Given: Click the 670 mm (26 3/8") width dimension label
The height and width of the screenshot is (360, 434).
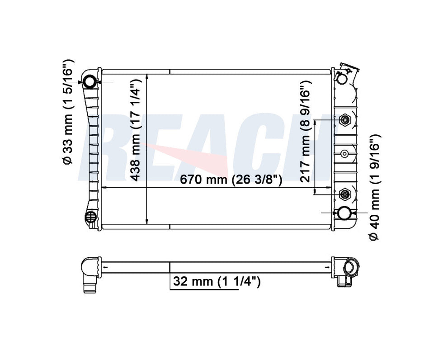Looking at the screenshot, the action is pyautogui.click(x=231, y=180).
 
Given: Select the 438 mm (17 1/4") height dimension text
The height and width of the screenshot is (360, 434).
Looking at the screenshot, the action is pyautogui.click(x=136, y=130).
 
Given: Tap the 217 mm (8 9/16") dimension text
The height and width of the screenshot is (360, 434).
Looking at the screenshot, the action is pyautogui.click(x=306, y=132).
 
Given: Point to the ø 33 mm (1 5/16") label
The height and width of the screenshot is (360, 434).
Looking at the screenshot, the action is pyautogui.click(x=68, y=112).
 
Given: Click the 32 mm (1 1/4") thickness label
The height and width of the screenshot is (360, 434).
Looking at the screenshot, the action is pyautogui.click(x=217, y=282).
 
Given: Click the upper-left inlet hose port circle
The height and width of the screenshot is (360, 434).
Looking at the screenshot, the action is pyautogui.click(x=90, y=82).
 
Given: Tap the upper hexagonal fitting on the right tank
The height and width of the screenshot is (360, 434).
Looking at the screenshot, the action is pyautogui.click(x=345, y=120).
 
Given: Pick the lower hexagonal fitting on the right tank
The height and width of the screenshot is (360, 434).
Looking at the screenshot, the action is pyautogui.click(x=345, y=194).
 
